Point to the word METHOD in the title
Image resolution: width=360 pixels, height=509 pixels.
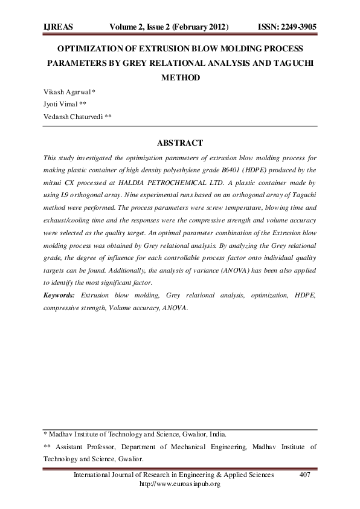[179, 77]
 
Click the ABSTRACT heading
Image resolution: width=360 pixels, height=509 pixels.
[179, 143]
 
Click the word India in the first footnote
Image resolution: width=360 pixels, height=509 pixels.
[217, 434]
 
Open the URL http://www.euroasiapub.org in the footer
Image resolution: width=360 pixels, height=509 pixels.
[179, 484]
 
